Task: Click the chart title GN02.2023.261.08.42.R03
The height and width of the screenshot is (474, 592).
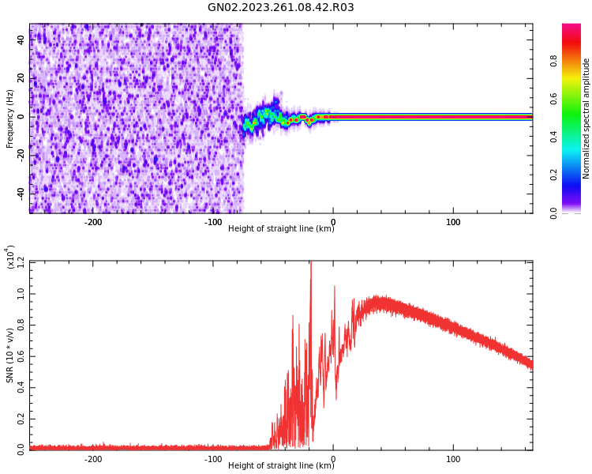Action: click(x=281, y=8)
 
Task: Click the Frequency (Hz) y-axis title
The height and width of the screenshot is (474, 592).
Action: click(x=9, y=118)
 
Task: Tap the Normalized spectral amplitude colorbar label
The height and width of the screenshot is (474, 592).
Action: click(x=586, y=118)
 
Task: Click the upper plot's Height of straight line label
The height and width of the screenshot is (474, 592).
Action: click(x=281, y=229)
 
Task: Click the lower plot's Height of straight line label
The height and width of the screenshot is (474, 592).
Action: click(x=281, y=466)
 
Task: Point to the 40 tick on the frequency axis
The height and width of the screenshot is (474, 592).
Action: click(x=20, y=40)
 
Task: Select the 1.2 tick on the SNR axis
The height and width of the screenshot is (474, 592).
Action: click(x=20, y=261)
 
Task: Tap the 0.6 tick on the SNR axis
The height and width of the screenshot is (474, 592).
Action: click(x=20, y=355)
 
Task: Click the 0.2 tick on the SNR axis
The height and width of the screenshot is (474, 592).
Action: click(x=20, y=419)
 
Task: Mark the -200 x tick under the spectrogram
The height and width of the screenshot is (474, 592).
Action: click(x=93, y=221)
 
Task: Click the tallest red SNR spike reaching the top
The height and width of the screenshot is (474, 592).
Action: click(x=310, y=265)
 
